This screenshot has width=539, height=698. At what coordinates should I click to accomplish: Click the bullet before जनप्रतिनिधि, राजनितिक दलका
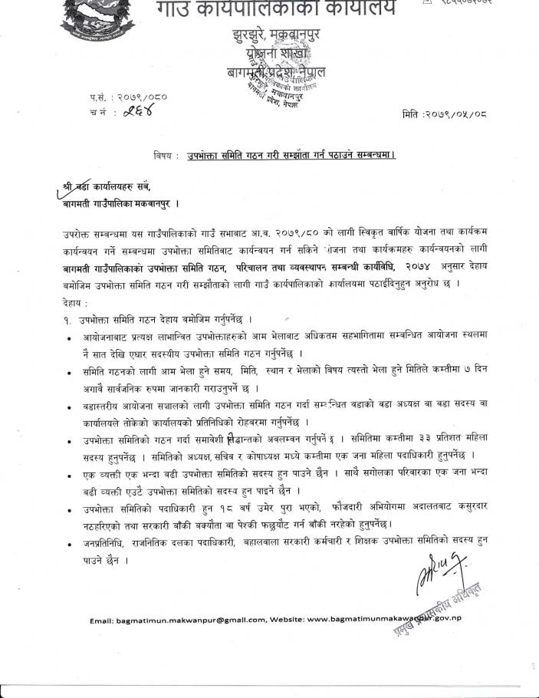coord(71,544)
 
